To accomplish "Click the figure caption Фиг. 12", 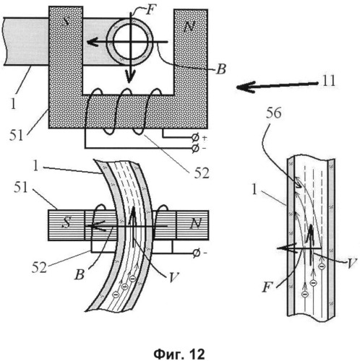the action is click(179, 354).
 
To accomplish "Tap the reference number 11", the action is click(329, 81).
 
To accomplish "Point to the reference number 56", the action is click(273, 113).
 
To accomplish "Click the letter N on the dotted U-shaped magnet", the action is click(189, 27).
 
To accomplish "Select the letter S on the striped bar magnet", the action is click(67, 222).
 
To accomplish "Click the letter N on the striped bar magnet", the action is click(195, 223).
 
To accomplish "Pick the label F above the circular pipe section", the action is click(150, 10).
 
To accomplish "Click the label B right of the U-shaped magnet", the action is click(221, 69).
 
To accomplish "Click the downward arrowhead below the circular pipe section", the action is click(129, 76).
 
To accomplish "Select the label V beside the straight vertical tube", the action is click(351, 264).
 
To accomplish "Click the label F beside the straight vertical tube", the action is click(267, 287).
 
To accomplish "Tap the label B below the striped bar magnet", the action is click(80, 274).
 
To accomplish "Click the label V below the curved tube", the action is click(173, 277).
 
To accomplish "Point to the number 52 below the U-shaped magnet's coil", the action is click(202, 173).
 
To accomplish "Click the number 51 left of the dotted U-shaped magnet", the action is click(17, 136).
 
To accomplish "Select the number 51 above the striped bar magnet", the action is click(21, 187).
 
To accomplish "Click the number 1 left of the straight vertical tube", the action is click(254, 190).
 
